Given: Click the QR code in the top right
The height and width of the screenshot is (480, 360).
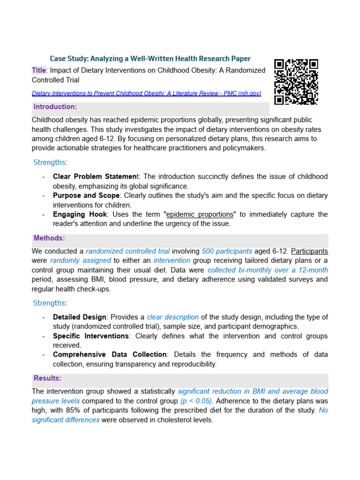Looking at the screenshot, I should pos(296,82).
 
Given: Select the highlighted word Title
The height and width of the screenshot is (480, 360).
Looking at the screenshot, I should pos(39,70).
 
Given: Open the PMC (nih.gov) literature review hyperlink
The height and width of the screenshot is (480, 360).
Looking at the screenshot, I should pos(146,93).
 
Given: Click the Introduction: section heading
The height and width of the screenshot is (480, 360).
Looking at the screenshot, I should pos(55,107).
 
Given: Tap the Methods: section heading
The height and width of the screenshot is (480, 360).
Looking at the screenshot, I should pos(49,238).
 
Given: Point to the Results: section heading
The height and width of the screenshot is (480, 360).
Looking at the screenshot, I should pos(47,378).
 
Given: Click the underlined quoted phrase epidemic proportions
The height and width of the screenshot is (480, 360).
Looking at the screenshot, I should pos(200,214).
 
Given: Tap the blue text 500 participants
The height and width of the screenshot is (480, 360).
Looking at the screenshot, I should pos(227,251).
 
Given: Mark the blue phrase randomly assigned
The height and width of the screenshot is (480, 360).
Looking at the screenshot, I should pos(81,260).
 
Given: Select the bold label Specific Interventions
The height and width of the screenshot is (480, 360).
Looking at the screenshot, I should pos(90,336).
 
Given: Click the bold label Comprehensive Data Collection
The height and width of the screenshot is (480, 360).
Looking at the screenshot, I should pos(110,354).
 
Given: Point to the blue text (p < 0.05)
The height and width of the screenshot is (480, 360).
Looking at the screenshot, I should pos(196,401).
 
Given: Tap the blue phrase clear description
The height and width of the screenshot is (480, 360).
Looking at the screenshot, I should pos(172,317).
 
